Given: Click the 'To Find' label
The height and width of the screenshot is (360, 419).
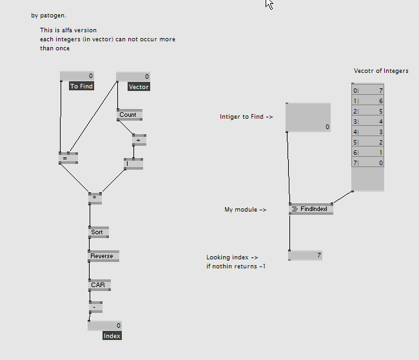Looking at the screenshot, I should pos(81,86).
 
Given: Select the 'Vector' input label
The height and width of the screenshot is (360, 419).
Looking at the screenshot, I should pos(139,86).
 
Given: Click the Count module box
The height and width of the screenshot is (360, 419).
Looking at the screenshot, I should pos(129,115).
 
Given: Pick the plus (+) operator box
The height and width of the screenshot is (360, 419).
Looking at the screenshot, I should pos(139,139).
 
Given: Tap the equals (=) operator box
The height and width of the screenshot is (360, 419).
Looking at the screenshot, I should pos(68,157).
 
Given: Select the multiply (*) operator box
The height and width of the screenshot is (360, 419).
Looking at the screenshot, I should pos(95,198).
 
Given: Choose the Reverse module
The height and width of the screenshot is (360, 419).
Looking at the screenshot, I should pos(103,256).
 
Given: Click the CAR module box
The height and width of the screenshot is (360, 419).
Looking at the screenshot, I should pos(99,285).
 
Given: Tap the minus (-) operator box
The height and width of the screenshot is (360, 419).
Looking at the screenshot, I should pos(95,307).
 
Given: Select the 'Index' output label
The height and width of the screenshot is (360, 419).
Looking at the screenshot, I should pos(112,335).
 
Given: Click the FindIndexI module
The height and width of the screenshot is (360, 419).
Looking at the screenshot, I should pos(312,209).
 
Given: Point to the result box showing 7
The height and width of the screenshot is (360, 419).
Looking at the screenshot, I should pos(305,255).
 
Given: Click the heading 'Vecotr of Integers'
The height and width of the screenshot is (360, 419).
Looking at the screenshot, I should pos(381,71).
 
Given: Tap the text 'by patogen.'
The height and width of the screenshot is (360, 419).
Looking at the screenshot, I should pos(48,15).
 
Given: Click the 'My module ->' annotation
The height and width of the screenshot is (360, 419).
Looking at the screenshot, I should pos(246,210).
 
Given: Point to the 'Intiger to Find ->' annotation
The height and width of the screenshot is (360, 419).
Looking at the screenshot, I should pos(246,117).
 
